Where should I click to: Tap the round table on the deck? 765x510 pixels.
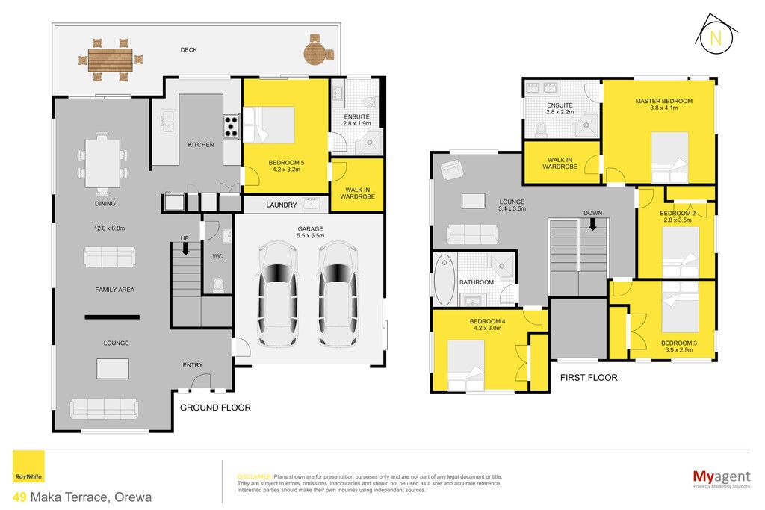pyautogui.click(x=315, y=53)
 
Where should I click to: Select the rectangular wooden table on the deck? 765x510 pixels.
pyautogui.click(x=111, y=60)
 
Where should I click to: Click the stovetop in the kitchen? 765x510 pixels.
pyautogui.click(x=231, y=126)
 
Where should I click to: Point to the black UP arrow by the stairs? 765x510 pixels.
pyautogui.click(x=185, y=249)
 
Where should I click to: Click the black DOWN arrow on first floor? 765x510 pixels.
pyautogui.click(x=592, y=224)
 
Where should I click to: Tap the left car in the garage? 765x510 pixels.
pyautogui.click(x=277, y=294)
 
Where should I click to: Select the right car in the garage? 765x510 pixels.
pyautogui.click(x=338, y=294)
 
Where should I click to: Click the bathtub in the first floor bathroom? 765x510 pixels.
pyautogui.click(x=445, y=280)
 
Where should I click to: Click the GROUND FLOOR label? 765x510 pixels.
pyautogui.click(x=215, y=408)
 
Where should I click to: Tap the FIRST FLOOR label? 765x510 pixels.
pyautogui.click(x=589, y=377)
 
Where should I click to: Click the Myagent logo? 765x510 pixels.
pyautogui.click(x=722, y=478)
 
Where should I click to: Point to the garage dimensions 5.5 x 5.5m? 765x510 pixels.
pyautogui.click(x=310, y=235)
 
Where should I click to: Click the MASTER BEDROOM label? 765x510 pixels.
pyautogui.click(x=663, y=101)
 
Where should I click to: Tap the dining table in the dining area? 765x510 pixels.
pyautogui.click(x=102, y=164)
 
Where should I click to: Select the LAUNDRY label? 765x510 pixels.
pyautogui.click(x=282, y=205)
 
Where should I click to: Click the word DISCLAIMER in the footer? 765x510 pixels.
pyautogui.click(x=254, y=477)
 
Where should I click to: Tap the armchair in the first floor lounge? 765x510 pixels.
pyautogui.click(x=452, y=170)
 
